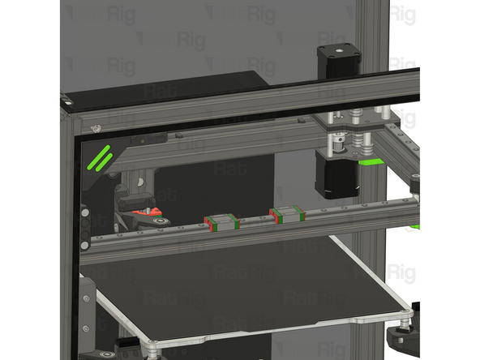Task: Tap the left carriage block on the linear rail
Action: click(x=221, y=221)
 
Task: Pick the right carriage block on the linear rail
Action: click(x=288, y=215)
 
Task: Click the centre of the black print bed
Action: click(x=243, y=288)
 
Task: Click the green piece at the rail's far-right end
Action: click(x=415, y=226)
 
